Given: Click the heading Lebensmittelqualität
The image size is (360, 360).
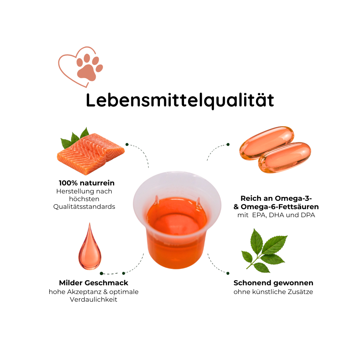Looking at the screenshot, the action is tap(180, 100).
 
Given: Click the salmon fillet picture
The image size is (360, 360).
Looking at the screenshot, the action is tap(91, 153).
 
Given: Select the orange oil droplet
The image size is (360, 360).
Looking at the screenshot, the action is tap(90, 247).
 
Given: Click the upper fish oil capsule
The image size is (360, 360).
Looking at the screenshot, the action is tap(267, 142).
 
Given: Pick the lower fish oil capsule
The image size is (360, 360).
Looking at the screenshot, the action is tap(285, 157).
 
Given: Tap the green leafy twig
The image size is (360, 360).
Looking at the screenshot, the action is tap(264, 251).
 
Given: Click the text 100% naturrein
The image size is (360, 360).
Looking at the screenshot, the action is tap(87, 183).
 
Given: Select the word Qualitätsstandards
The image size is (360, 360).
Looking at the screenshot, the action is tap(84, 207).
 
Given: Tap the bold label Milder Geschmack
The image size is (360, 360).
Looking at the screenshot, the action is tap(94, 283).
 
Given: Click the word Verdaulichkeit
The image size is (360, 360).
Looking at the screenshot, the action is tap(94, 299).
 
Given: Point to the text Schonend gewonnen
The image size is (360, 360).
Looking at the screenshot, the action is tap(273, 283).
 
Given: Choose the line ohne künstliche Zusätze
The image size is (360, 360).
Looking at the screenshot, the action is tap(273, 292).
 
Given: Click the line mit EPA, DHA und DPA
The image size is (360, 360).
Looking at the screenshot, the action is tap(276, 215).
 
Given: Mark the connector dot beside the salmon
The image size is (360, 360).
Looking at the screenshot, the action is tap(127, 145).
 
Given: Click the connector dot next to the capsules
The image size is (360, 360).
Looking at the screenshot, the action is tap(228, 145).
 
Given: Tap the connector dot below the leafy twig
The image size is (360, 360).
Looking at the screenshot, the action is tap(228, 273).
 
